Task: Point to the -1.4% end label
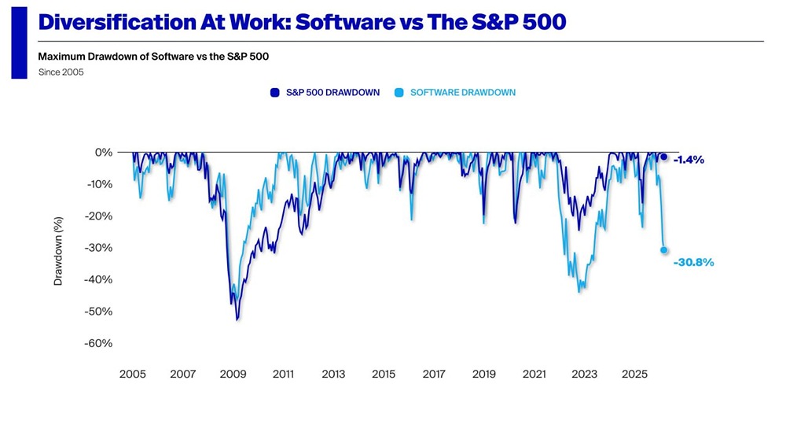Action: (x=689, y=160)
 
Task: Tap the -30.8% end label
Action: (x=693, y=263)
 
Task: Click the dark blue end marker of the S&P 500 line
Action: (x=664, y=157)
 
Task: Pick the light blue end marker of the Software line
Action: (x=664, y=250)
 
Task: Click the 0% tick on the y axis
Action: (x=104, y=153)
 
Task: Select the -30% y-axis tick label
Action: (x=99, y=248)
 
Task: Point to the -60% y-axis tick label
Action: (x=99, y=343)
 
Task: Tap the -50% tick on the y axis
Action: (x=99, y=312)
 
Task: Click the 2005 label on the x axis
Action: (x=132, y=375)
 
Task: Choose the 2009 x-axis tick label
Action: (x=233, y=375)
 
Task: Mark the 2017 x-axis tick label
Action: (x=434, y=375)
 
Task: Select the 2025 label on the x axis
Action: (x=634, y=375)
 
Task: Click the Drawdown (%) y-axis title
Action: (x=58, y=252)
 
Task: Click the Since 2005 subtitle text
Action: (x=61, y=72)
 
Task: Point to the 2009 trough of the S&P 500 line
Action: (x=237, y=319)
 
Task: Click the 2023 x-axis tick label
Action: (x=584, y=375)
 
